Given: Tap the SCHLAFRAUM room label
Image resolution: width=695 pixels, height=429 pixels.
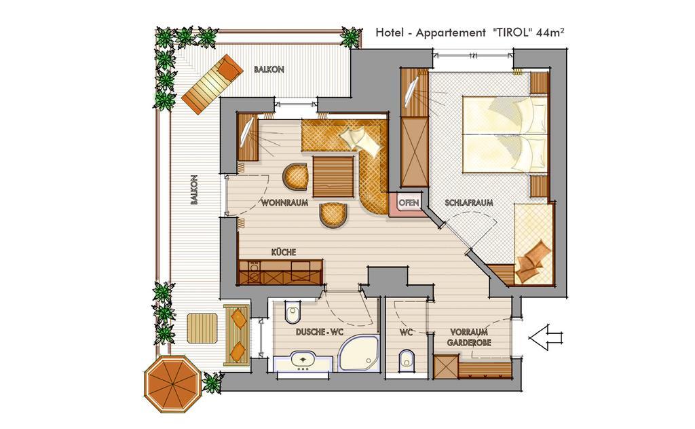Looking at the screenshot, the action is (x=469, y=202).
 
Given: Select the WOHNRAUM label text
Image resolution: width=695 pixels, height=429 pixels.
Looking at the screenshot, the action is (x=284, y=203).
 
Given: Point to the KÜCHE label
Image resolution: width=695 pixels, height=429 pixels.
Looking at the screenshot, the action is (x=284, y=252).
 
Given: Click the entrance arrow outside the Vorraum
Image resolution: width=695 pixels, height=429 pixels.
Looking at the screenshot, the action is (x=545, y=338).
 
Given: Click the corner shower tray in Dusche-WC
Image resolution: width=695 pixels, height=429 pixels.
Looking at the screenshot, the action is (x=359, y=353).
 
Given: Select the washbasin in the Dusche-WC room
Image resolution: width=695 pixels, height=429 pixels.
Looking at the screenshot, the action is (x=303, y=362).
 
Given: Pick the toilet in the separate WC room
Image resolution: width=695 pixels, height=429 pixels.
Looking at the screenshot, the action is (x=407, y=360).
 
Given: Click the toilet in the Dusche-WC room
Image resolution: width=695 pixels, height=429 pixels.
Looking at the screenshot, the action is (x=293, y=312).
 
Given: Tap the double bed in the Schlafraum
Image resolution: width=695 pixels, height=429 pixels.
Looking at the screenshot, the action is (x=505, y=134).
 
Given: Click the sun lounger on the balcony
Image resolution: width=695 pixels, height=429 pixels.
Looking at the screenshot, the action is (x=212, y=84).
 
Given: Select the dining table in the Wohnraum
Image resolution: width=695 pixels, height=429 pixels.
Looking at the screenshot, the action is (x=333, y=176).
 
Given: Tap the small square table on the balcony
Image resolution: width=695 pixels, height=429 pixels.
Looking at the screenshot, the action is (x=202, y=329).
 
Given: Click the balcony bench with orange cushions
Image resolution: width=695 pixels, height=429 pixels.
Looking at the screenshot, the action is (x=237, y=335).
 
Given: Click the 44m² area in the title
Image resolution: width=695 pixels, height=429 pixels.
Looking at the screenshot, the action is (x=550, y=33).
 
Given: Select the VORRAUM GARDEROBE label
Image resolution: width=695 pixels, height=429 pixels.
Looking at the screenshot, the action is (x=469, y=337).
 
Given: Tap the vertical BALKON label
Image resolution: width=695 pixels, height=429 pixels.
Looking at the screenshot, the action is (x=193, y=190).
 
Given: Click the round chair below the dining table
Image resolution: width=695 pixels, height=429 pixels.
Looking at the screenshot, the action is (x=333, y=215).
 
